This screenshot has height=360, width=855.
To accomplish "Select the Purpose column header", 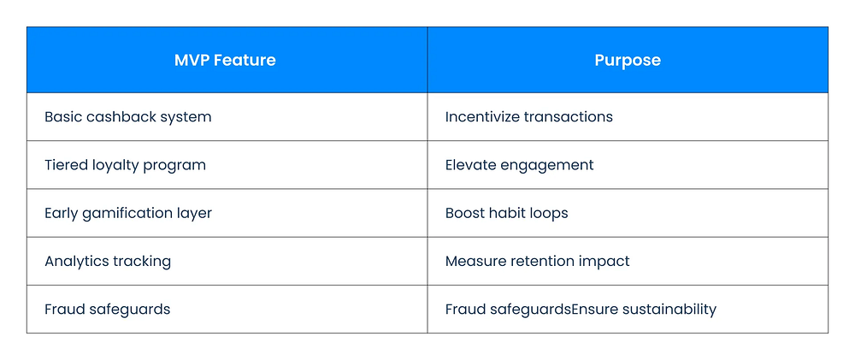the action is [x=627, y=60].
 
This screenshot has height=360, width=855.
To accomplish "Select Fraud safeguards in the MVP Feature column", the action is [x=108, y=310].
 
